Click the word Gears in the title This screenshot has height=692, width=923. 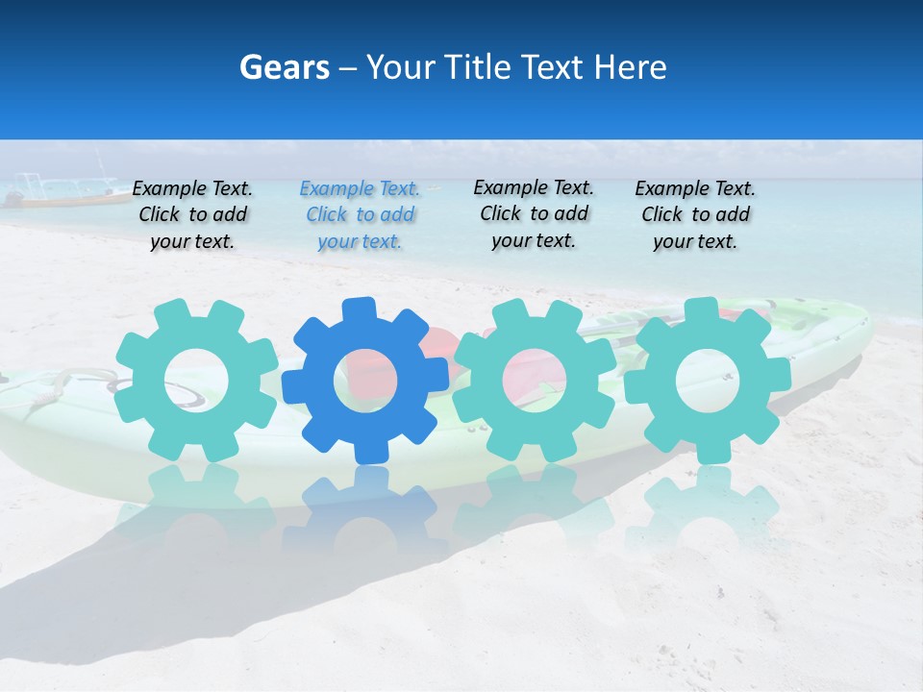[284, 67]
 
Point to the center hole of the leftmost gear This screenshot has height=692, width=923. [196, 381]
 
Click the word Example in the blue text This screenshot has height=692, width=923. [337, 189]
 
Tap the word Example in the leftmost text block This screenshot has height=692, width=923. [169, 189]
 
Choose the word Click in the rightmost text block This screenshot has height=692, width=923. [662, 214]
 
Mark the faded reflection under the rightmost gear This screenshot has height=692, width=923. [708, 509]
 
